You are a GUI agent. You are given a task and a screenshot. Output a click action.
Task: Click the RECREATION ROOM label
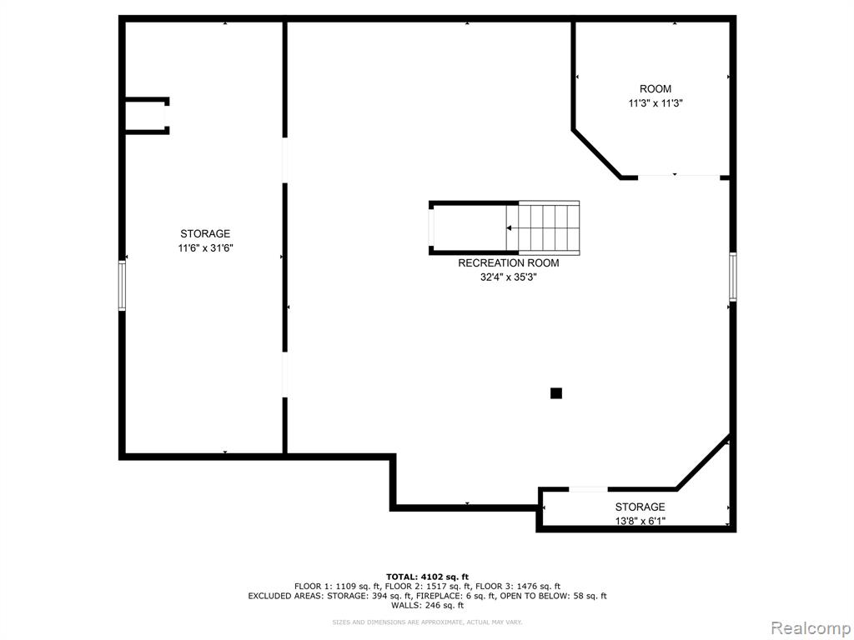point(508,263)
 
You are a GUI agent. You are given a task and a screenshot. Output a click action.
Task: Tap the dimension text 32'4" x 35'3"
point(508,277)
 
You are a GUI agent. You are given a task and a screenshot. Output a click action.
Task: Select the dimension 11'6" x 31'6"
point(205,247)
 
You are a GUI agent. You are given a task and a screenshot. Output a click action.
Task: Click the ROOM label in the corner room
point(656,88)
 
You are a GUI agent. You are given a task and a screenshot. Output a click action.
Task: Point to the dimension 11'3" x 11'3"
point(656,102)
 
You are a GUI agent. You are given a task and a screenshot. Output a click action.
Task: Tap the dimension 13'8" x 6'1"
point(640,521)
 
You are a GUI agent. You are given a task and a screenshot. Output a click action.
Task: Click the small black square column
point(555,393)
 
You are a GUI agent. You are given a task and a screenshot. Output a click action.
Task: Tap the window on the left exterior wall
point(122,286)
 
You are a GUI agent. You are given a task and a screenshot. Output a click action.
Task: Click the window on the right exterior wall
point(732,277)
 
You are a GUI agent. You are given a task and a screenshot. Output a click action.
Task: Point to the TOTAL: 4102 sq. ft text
point(427,577)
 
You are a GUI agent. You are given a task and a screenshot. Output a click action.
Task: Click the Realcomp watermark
point(811,628)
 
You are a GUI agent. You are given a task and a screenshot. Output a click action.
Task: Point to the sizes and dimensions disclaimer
point(427,622)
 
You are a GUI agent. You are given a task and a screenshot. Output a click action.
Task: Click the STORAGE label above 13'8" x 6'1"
point(640,507)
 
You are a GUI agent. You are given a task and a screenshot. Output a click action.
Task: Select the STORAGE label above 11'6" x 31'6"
point(205,233)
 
